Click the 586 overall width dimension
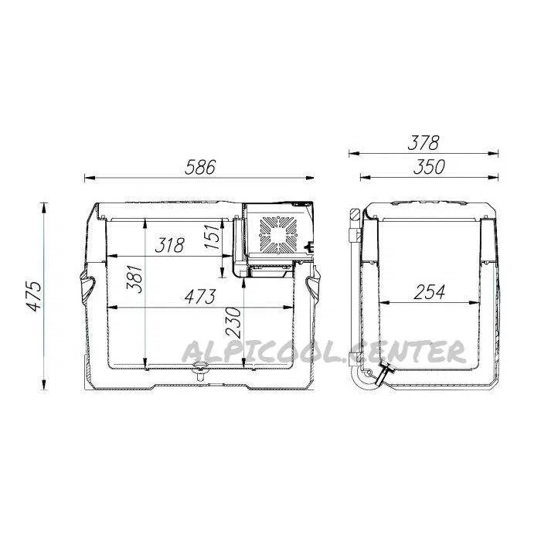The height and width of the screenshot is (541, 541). click(x=200, y=167)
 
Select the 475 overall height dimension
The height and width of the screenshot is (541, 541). click(x=34, y=296)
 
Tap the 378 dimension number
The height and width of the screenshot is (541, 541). click(x=423, y=143)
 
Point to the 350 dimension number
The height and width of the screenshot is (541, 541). click(x=429, y=167)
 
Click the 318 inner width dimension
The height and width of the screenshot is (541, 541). click(x=170, y=245)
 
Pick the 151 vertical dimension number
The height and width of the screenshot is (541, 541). click(x=212, y=236)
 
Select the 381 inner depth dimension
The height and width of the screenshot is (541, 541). click(x=134, y=279)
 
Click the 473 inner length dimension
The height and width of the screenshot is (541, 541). click(x=200, y=297)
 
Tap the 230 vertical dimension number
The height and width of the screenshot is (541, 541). click(x=233, y=322)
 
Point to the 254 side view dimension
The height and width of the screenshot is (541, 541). click(x=429, y=292)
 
